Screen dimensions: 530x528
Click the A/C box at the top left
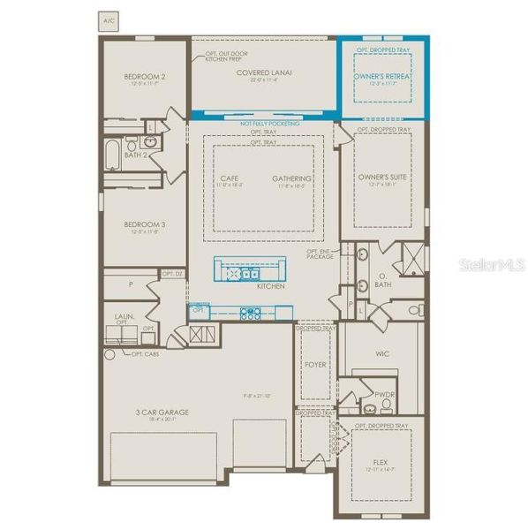[109, 18]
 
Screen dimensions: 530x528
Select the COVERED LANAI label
[264, 72]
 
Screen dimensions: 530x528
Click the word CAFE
[229, 178]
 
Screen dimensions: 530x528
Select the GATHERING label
[292, 178]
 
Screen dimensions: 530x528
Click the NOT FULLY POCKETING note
[269, 124]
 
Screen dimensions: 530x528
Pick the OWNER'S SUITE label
[381, 178]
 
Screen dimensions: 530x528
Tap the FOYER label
[316, 361]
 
